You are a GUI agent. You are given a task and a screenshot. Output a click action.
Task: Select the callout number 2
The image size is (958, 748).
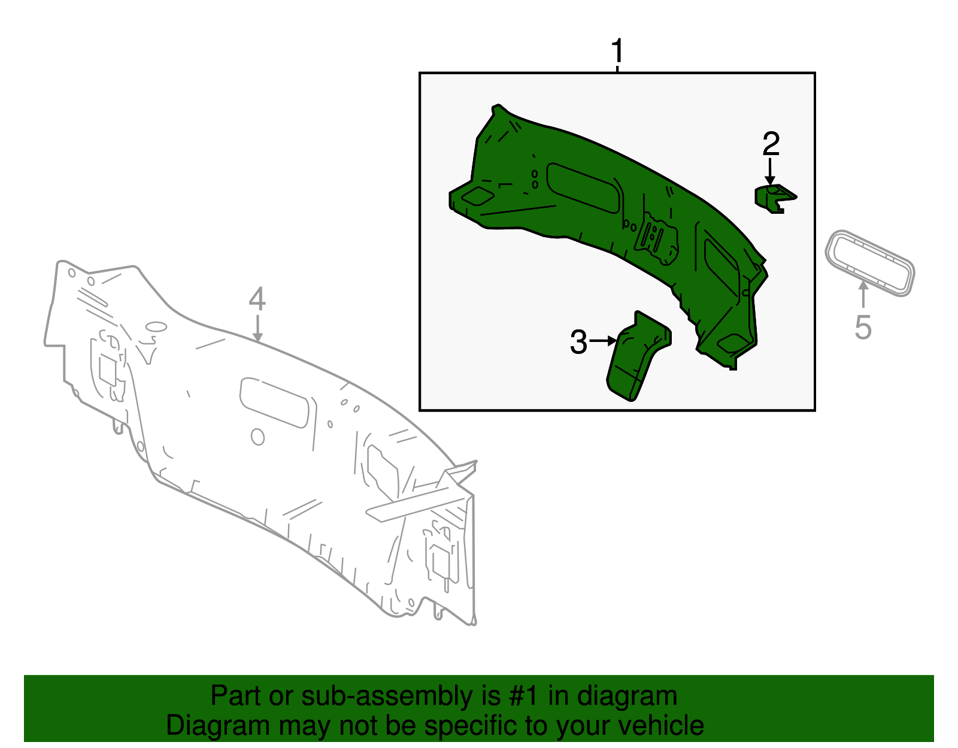(771, 144)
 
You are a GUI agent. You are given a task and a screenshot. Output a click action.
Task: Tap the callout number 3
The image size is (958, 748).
(579, 341)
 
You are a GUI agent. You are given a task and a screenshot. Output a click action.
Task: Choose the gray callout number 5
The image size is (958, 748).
(863, 328)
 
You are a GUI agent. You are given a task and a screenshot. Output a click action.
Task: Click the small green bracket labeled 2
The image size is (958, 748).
(774, 199)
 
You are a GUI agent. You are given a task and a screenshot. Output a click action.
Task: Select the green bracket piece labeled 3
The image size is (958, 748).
(638, 356)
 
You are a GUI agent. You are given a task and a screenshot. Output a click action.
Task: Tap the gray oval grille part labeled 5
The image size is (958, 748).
(870, 263)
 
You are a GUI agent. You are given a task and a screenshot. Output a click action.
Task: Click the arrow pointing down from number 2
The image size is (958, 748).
(770, 172)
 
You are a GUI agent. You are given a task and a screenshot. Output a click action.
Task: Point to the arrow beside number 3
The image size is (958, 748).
(603, 341)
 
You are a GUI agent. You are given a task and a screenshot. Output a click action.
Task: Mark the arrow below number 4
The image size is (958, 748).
(257, 328)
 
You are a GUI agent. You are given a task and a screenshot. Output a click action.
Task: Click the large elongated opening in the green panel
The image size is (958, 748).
(583, 188)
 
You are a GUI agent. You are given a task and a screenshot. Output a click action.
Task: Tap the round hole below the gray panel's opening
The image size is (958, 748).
(257, 437)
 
